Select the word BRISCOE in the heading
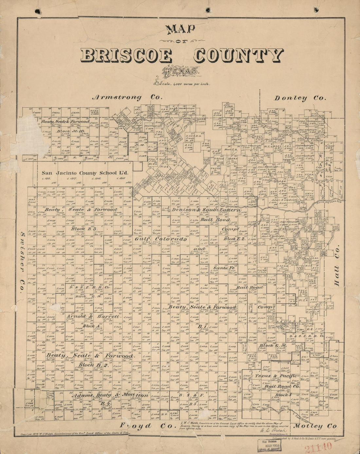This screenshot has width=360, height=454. click(x=126, y=56)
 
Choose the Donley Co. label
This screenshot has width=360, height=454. click(x=300, y=98)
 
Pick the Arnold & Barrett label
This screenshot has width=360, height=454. click(x=93, y=317)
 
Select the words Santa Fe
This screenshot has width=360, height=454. click(x=224, y=268)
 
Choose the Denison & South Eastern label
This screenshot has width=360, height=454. click(x=206, y=210)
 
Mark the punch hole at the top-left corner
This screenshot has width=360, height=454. click(x=38, y=11)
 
